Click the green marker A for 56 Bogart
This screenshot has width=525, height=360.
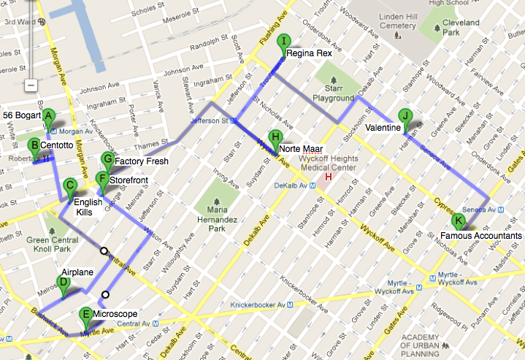point(48,115)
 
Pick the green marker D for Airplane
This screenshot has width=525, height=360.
point(64,283)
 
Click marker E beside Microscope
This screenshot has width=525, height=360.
point(86,316)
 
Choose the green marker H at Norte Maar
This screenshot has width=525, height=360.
point(275,137)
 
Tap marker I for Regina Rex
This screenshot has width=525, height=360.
point(286,42)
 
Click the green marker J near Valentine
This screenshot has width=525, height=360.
point(405,116)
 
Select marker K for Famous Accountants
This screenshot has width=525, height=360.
point(459,221)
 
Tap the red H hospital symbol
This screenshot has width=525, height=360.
point(328,176)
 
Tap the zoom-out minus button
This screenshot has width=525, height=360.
point(31,85)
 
